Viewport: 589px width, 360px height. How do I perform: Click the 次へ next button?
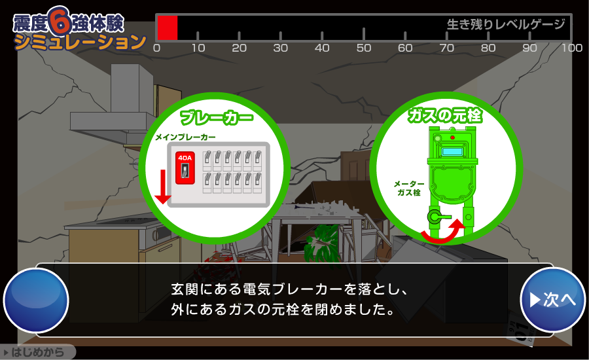[x=552, y=300]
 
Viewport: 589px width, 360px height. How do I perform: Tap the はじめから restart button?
[x=37, y=353]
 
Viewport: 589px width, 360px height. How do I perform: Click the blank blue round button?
[x=36, y=300]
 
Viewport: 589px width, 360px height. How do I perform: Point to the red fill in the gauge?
[x=168, y=28]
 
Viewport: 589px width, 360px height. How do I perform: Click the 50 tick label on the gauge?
[x=363, y=48]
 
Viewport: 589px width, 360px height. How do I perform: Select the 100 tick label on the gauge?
[x=572, y=48]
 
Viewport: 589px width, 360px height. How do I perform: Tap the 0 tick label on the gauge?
[x=156, y=48]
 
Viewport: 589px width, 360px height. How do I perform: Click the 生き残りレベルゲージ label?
[x=505, y=25]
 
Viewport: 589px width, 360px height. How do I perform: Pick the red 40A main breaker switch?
[x=185, y=168]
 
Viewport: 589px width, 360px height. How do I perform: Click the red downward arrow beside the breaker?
[x=163, y=187]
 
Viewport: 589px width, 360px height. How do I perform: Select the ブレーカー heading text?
[x=216, y=118]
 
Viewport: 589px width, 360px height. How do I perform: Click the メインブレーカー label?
[x=185, y=137]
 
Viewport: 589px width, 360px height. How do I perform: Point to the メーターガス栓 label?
[x=409, y=189]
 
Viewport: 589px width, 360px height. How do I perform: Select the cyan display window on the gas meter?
[x=451, y=152]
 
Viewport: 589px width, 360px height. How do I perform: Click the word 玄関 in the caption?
[x=186, y=289]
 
